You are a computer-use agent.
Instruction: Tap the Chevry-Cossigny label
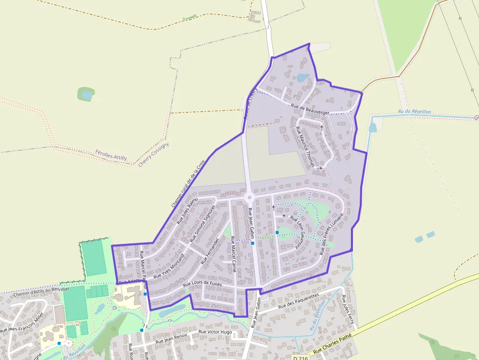pos(153,155)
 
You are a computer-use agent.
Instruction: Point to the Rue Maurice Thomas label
pos(306,147)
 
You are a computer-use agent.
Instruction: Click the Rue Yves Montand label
pos(170,267)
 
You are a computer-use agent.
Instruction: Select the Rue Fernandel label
pos(211,251)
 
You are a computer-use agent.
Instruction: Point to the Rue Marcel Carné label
pos(233,254)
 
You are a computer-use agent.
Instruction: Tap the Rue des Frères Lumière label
pos(332,234)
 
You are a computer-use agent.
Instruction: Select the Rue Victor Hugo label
pos(215,332)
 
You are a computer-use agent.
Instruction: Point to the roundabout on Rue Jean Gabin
pos(250,198)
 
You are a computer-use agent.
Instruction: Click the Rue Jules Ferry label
pos(348,310)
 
